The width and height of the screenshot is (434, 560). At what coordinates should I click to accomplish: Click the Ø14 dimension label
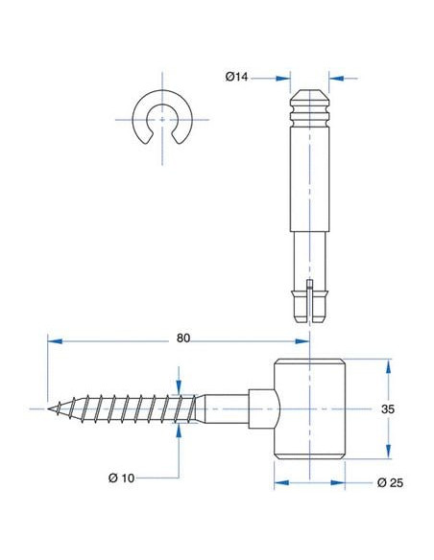[x=236, y=77]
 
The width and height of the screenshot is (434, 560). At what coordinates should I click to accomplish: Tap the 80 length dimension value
[x=183, y=338]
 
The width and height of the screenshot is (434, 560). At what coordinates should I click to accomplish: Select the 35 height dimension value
[x=388, y=408]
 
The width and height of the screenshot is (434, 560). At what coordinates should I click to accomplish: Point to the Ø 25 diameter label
[x=390, y=483]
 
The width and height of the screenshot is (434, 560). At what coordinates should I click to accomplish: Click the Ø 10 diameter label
[x=122, y=478]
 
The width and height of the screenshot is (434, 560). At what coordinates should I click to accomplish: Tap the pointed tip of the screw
[x=48, y=408]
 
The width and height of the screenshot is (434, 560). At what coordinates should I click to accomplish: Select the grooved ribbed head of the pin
[x=309, y=107]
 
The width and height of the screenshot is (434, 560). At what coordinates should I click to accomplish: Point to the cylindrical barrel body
[x=309, y=408]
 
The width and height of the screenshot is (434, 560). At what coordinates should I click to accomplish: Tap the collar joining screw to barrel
[x=264, y=408]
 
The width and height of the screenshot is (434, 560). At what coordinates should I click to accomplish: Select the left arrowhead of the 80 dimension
[x=55, y=341]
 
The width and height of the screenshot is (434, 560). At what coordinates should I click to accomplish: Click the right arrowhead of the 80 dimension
[x=302, y=341]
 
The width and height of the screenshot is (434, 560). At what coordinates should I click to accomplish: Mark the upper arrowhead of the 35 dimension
[x=388, y=367]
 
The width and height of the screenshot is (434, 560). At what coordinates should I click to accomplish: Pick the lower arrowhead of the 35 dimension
[x=388, y=451]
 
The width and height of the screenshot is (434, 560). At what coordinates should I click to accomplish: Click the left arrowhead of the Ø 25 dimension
[x=281, y=483]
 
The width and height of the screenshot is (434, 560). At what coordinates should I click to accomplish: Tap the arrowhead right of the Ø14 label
[x=283, y=79]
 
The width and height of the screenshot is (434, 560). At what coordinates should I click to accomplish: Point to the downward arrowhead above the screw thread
[x=180, y=386]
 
